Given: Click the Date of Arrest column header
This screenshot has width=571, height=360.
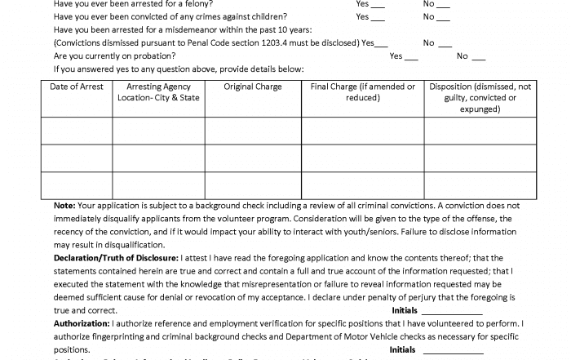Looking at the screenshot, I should [x=77, y=87].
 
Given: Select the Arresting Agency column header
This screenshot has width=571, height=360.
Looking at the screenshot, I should [x=158, y=91].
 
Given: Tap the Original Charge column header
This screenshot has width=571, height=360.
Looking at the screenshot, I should [x=253, y=87].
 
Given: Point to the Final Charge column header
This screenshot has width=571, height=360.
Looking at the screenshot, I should [x=363, y=91].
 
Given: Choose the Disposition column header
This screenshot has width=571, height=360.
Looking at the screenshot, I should [x=480, y=97].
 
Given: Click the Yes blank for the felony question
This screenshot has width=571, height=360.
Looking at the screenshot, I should [x=378, y=5].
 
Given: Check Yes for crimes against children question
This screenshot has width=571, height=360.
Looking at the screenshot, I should [x=378, y=17].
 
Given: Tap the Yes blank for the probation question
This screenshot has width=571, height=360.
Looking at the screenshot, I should [x=411, y=57].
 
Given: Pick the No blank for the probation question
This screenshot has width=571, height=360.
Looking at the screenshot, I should [x=478, y=57].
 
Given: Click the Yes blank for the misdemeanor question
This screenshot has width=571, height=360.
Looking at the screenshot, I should [x=382, y=43].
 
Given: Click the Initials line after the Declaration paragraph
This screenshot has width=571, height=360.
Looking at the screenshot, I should [x=452, y=312].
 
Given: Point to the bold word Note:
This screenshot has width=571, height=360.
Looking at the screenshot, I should [x=64, y=206].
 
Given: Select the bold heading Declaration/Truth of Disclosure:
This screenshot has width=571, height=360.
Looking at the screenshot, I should [x=115, y=258].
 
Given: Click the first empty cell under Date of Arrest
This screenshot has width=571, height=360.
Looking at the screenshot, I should [x=77, y=131].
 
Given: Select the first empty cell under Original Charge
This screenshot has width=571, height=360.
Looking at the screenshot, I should [x=253, y=131].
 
